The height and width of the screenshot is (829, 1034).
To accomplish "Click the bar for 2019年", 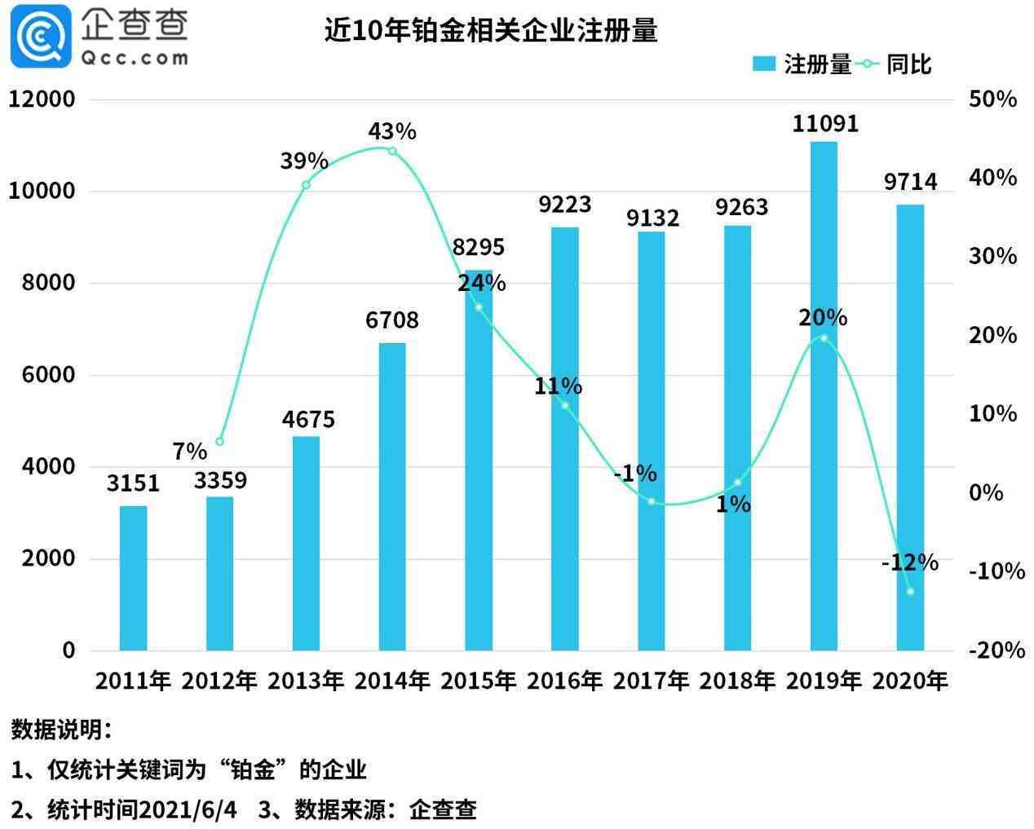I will tap(824, 395).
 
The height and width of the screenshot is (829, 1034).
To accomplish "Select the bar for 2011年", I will tap(133, 578).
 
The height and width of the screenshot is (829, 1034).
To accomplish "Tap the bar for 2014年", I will tap(392, 496).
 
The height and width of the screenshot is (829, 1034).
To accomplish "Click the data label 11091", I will tap(825, 124).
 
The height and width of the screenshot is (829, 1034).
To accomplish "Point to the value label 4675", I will tap(308, 420).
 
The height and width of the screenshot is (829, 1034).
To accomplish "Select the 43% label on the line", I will tap(392, 130).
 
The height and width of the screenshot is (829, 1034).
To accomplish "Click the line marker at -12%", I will tap(910, 591).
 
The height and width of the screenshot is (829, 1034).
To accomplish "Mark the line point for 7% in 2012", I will tap(219, 441).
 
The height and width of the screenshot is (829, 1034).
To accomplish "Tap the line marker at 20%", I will tap(824, 337).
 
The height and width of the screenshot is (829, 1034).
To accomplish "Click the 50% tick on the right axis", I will tap(992, 99).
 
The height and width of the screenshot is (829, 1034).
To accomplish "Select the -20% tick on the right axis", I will tap(996, 650).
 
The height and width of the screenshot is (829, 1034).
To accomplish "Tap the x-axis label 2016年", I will tap(564, 681).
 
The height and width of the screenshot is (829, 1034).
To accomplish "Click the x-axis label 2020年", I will tap(910, 681).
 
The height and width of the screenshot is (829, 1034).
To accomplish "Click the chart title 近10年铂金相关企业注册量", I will tap(491, 31).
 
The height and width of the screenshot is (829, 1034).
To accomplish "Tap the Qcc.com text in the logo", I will tap(135, 58).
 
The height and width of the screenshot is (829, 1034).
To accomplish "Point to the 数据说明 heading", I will tap(61, 730).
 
